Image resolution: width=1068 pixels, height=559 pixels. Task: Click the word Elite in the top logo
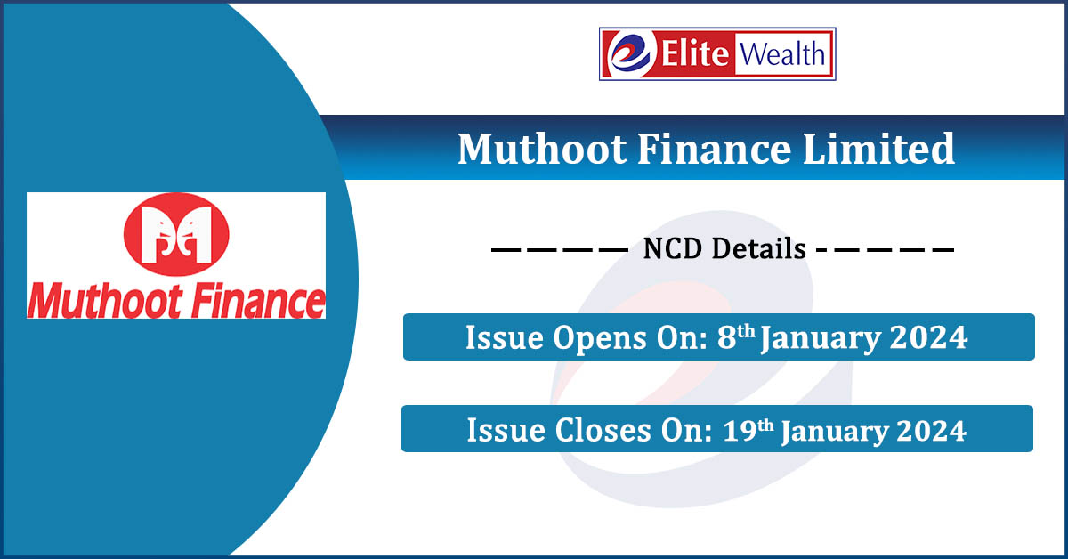695,53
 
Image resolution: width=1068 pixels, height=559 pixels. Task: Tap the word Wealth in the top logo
782,54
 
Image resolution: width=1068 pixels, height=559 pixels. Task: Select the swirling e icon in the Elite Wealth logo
630,53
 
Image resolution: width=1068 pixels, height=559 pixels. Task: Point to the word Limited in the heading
878,149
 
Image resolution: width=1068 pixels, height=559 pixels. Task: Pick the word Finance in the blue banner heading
714,149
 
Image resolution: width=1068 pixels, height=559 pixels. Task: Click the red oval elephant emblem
176,234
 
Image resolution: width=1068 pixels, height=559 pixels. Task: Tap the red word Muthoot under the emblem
105,302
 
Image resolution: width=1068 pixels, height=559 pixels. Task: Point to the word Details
758,249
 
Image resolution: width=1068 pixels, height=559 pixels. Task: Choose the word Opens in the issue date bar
600,337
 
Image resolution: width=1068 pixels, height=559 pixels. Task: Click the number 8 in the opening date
727,337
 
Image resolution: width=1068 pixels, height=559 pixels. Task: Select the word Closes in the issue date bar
603,430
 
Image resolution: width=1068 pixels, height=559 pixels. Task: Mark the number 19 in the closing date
740,430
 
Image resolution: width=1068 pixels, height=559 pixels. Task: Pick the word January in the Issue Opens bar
821,339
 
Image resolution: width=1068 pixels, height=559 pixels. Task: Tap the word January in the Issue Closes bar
835,432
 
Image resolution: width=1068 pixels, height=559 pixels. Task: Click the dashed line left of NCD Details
560,249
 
